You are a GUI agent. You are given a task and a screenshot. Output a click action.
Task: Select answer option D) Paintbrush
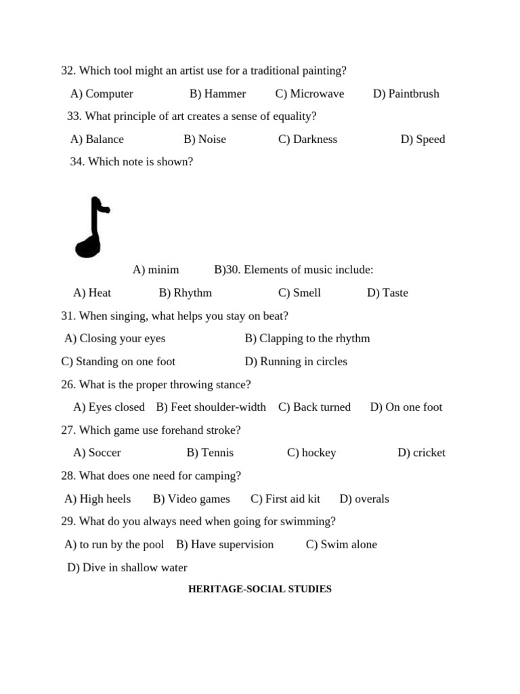pyautogui.click(x=406, y=94)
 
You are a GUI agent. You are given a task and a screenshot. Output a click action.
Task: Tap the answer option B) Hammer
pyautogui.click(x=217, y=94)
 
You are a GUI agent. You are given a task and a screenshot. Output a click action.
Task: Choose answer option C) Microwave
pyautogui.click(x=309, y=94)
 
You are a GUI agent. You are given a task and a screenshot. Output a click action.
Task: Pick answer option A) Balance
pyautogui.click(x=97, y=139)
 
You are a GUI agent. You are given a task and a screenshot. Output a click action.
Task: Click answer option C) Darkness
pyautogui.click(x=307, y=139)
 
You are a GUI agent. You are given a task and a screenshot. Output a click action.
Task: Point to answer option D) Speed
pyautogui.click(x=422, y=139)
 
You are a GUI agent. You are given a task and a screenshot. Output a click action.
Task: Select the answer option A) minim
pyautogui.click(x=156, y=270)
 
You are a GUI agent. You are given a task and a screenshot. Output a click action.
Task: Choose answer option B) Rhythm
pyautogui.click(x=185, y=293)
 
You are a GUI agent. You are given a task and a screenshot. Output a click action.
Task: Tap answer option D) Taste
pyautogui.click(x=387, y=293)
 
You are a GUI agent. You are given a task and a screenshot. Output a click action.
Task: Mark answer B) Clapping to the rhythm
pyautogui.click(x=307, y=338)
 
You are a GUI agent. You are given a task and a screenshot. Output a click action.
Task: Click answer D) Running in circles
pyautogui.click(x=296, y=361)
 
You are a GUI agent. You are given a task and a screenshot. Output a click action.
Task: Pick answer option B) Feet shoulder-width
pyautogui.click(x=211, y=407)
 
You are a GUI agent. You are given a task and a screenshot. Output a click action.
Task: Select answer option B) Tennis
pyautogui.click(x=210, y=453)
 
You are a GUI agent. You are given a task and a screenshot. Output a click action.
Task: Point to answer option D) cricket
pyautogui.click(x=421, y=453)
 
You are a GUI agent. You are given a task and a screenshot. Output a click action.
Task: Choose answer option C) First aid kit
pyautogui.click(x=285, y=499)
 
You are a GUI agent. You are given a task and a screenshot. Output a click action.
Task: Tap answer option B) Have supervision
pyautogui.click(x=225, y=544)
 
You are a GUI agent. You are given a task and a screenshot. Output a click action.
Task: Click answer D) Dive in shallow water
pyautogui.click(x=127, y=567)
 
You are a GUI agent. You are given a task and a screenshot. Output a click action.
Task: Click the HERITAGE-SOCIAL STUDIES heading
pyautogui.click(x=259, y=589)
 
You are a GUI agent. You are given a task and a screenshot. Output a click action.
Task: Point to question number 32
pyautogui.click(x=68, y=70)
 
